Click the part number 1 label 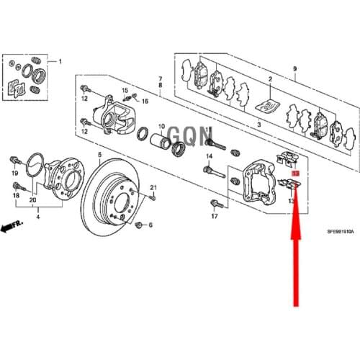tap(60, 63)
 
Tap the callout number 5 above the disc tap(100, 155)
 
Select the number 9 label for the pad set tap(294, 68)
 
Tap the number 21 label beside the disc tap(152, 188)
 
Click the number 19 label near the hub tap(14, 173)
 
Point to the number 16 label tap(144, 103)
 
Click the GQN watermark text tap(180, 134)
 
